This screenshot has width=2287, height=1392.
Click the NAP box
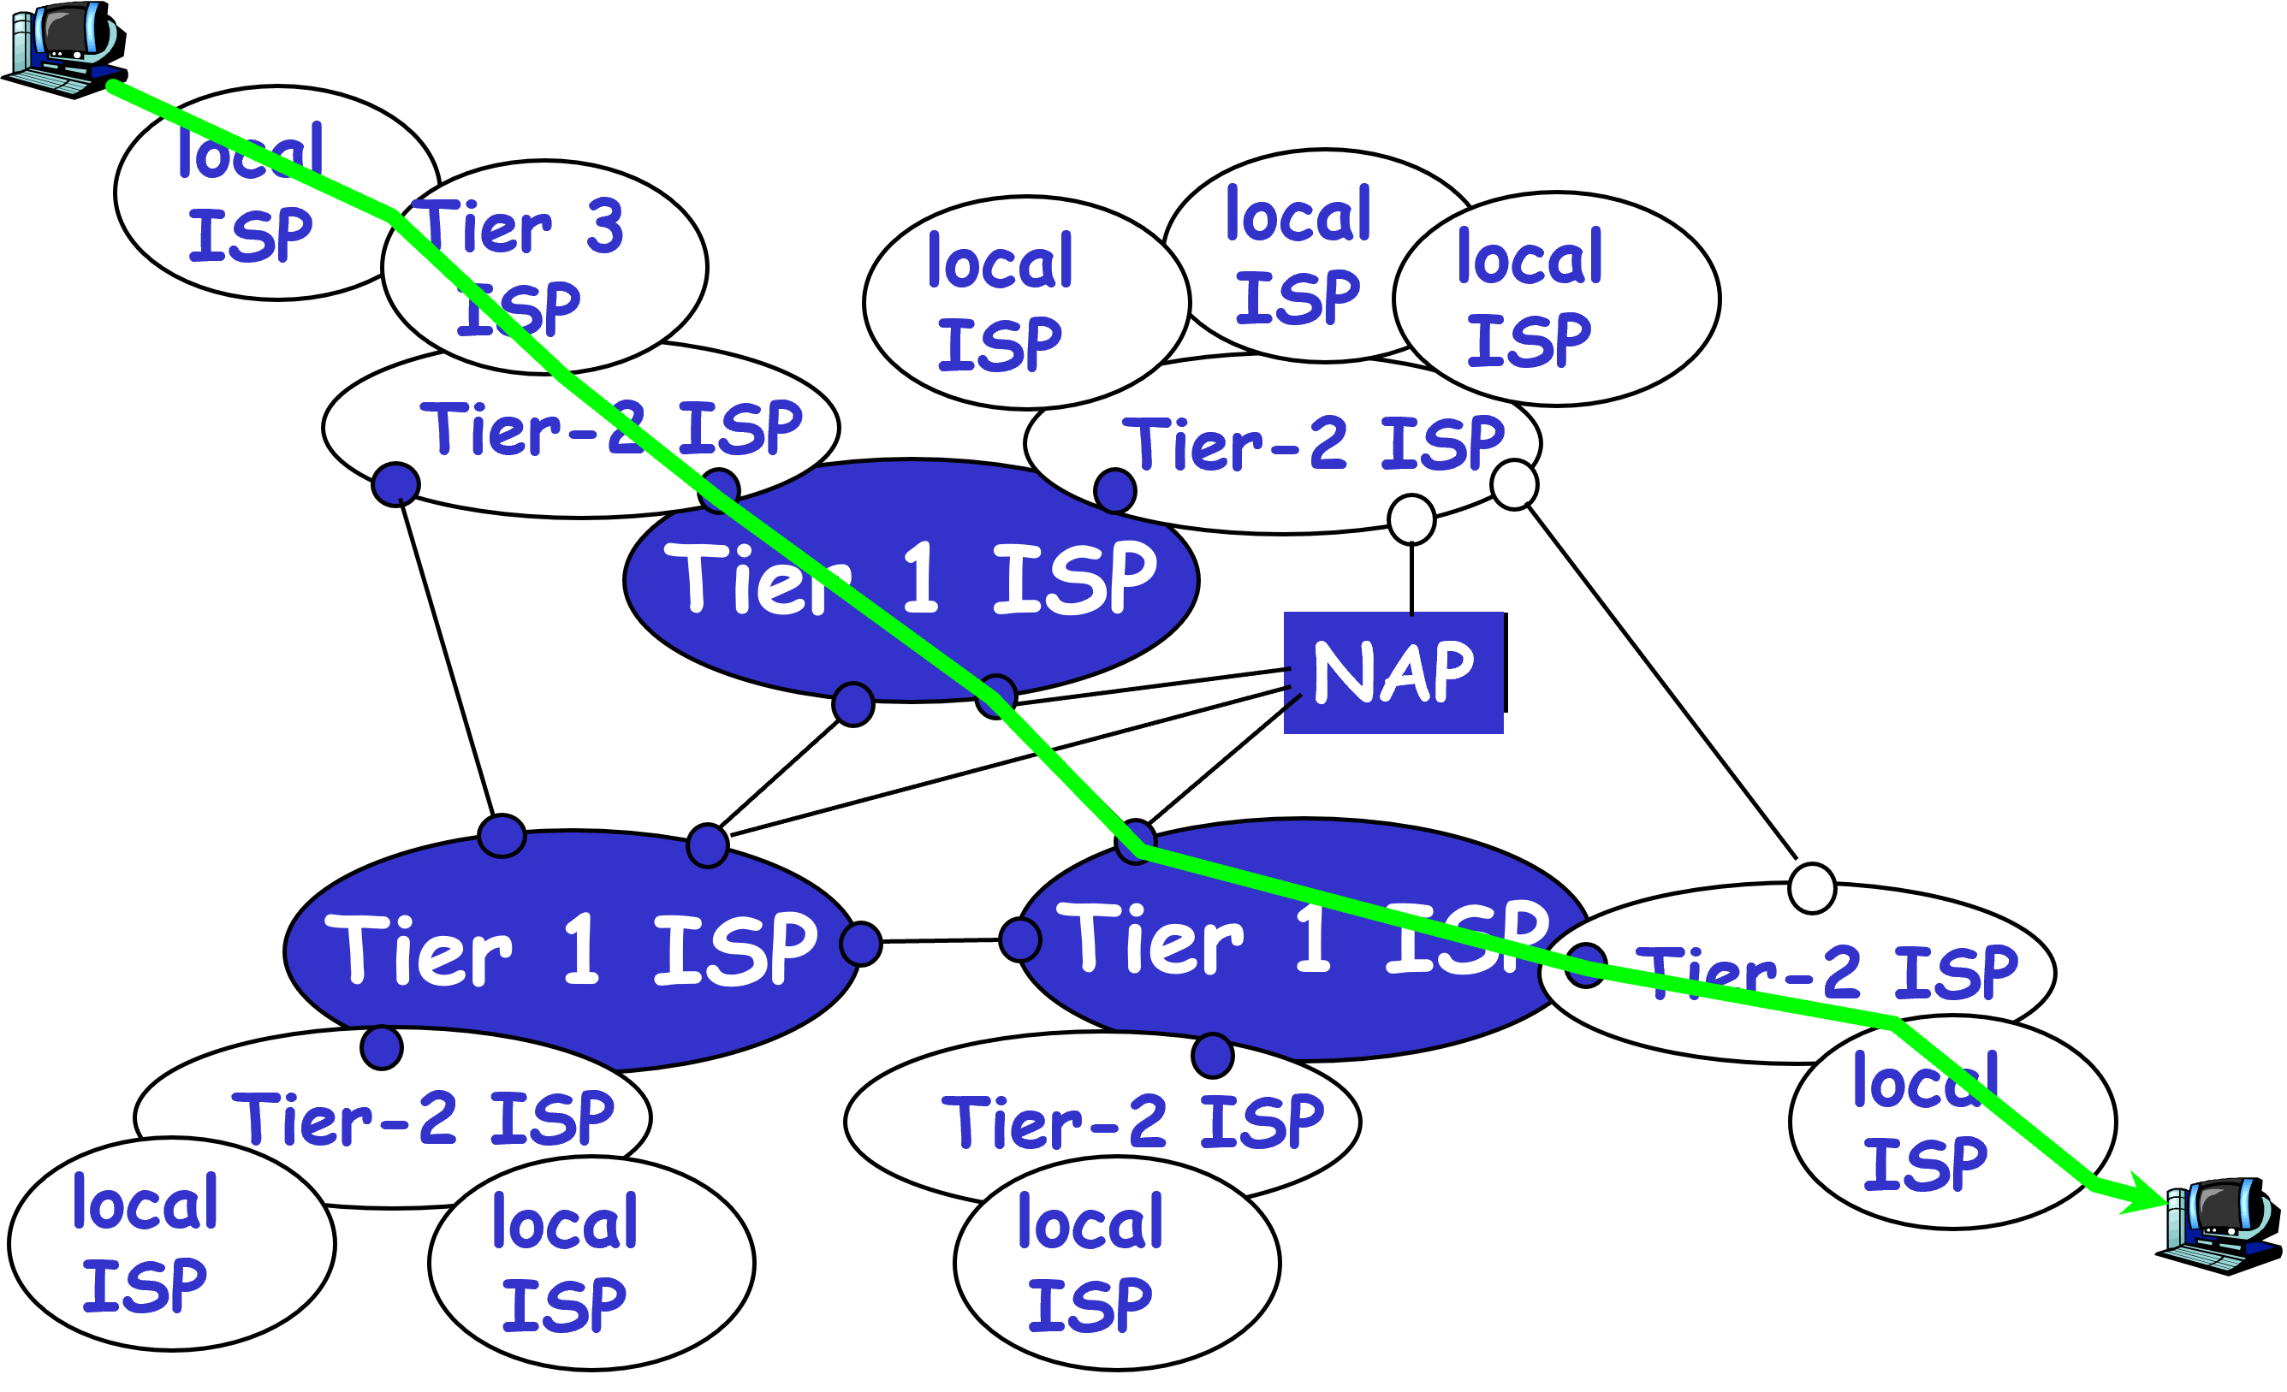tap(1393, 672)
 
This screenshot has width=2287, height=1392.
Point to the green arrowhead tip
tap(2165, 1203)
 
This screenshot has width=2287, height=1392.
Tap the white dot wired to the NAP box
tap(1411, 518)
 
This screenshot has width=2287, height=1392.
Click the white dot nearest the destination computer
tap(1812, 889)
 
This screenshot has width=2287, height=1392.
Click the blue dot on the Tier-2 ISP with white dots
tap(1114, 489)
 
